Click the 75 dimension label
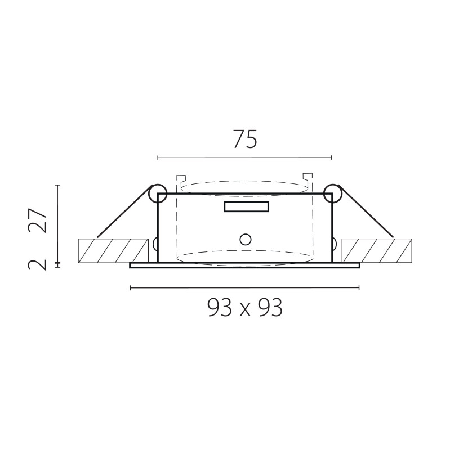click(x=245, y=139)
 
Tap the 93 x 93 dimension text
click(x=245, y=307)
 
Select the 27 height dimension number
click(x=37, y=220)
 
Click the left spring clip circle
click(x=158, y=193)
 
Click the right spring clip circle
click(x=333, y=193)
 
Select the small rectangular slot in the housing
click(x=247, y=206)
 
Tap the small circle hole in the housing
click(x=246, y=240)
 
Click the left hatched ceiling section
click(x=113, y=250)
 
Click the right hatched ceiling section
click(x=377, y=250)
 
